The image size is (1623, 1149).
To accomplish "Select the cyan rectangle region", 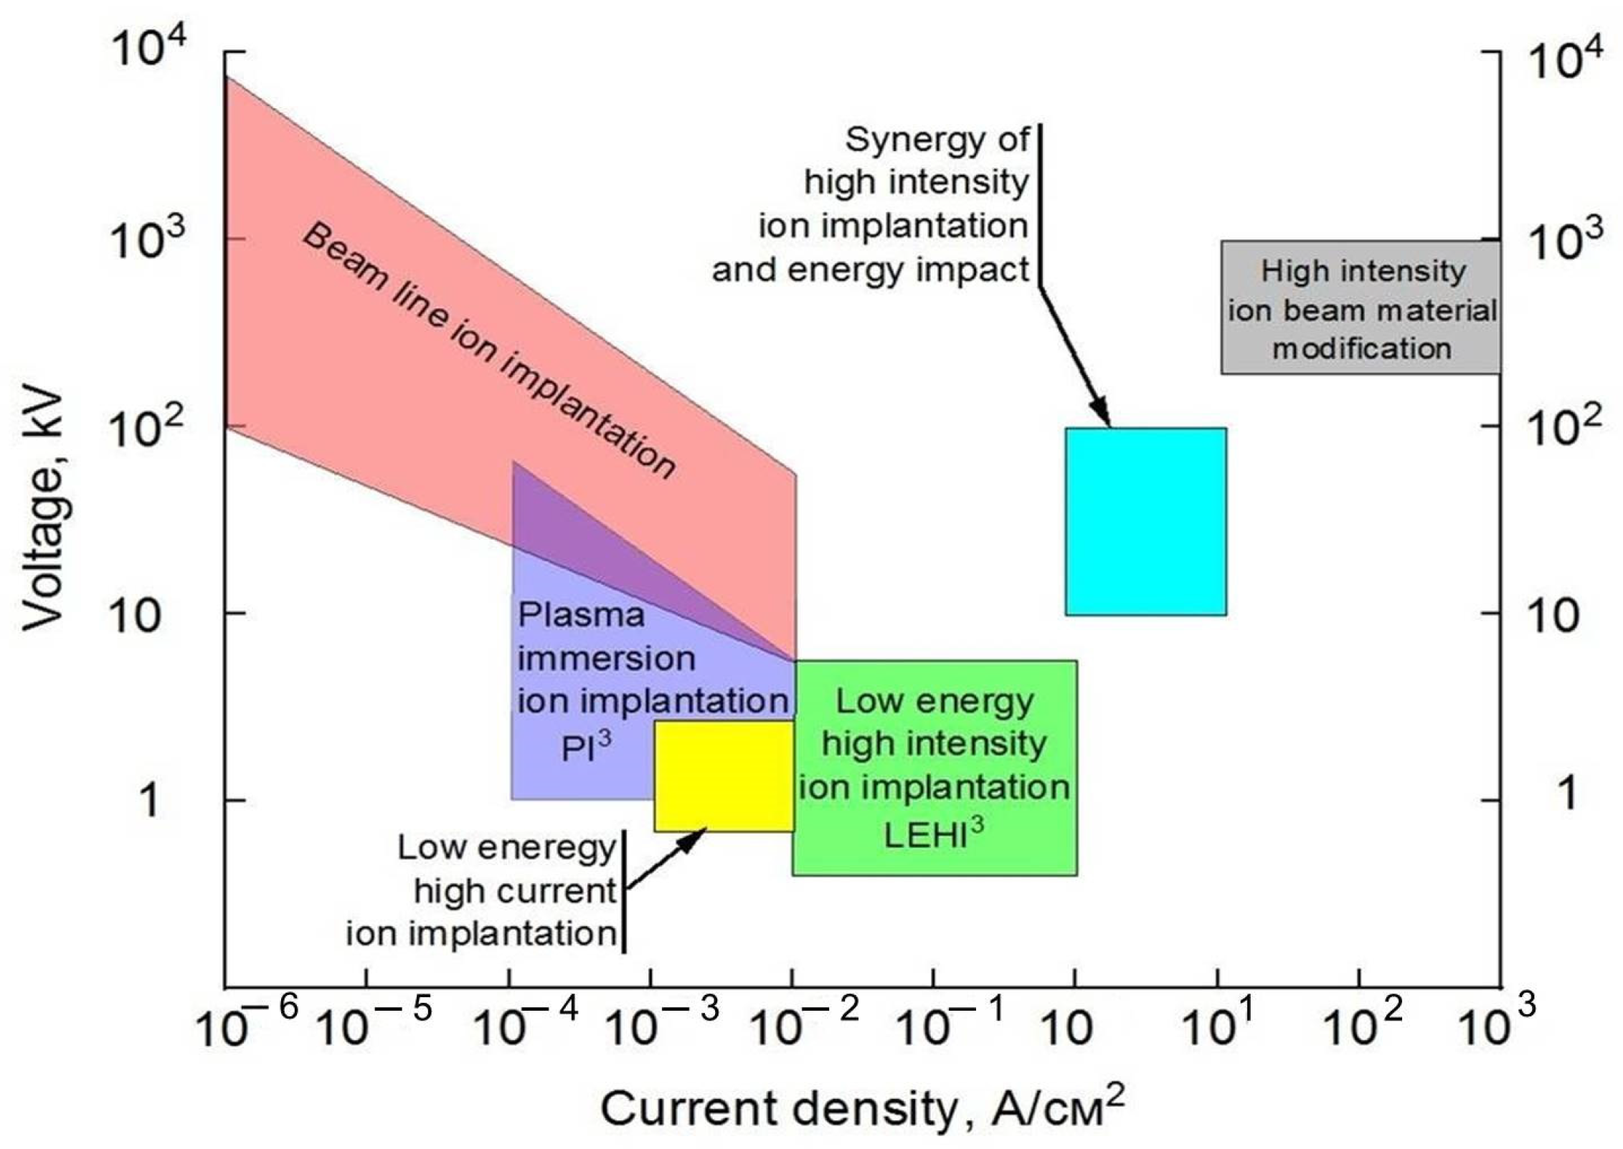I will pyautogui.click(x=1145, y=521).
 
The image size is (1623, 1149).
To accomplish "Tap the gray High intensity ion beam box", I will pyautogui.click(x=1361, y=307).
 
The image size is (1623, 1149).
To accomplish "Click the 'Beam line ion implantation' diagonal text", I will pyautogui.click(x=488, y=351).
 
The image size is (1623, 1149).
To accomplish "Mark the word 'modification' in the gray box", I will pyautogui.click(x=1361, y=349).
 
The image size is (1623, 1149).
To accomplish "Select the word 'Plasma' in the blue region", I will pyautogui.click(x=581, y=615).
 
